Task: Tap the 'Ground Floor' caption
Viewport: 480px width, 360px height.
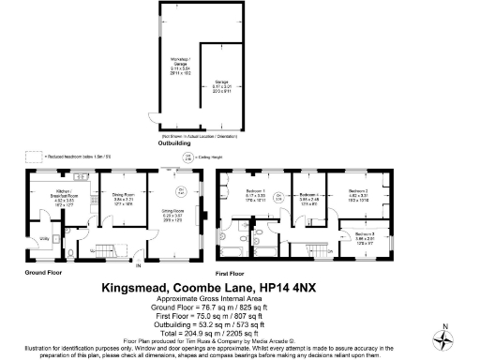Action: pyautogui.click(x=41, y=273)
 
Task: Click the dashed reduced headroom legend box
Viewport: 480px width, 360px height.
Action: pyautogui.click(x=35, y=156)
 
